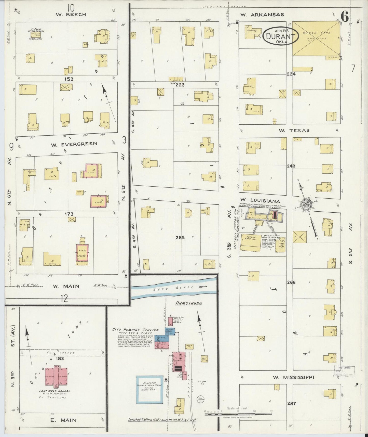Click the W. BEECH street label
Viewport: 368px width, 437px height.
coord(71,15)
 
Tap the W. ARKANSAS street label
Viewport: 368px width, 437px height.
coord(262,15)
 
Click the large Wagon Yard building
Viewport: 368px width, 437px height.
coord(316,38)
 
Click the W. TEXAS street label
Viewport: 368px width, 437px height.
coord(294,130)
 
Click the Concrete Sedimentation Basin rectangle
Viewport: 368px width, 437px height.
coord(149,389)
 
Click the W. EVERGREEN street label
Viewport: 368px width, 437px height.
coord(74,144)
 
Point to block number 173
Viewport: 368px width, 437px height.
coord(69,214)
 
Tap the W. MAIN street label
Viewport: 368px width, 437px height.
coord(66,286)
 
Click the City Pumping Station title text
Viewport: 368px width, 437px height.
coord(135,330)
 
